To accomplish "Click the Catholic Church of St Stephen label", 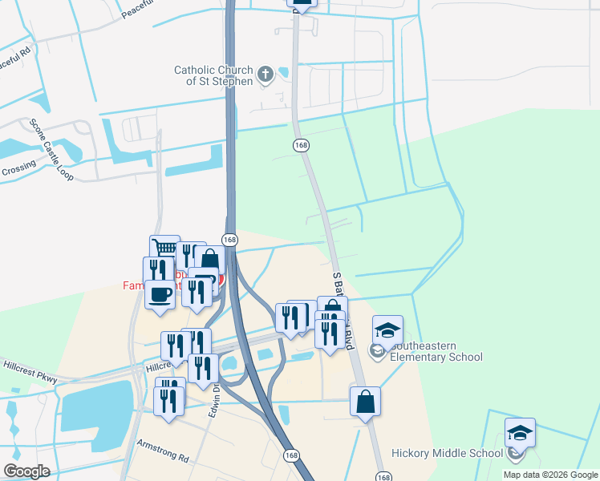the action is [x=213, y=75].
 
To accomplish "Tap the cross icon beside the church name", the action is [x=267, y=75].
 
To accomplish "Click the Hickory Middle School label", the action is [x=447, y=453].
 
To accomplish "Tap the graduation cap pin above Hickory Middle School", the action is [x=520, y=434].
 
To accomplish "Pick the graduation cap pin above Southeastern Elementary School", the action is [x=387, y=331].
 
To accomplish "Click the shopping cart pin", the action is [x=164, y=249].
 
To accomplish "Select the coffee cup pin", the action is [x=158, y=294].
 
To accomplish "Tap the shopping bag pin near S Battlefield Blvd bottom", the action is [x=365, y=402].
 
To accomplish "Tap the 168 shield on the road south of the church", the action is [x=301, y=145].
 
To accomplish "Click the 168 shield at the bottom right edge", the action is [x=384, y=477].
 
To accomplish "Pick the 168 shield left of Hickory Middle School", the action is [x=291, y=454].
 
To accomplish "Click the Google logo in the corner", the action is [x=26, y=471].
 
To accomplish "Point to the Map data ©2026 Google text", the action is [x=549, y=475].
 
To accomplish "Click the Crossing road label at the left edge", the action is [x=18, y=168].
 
